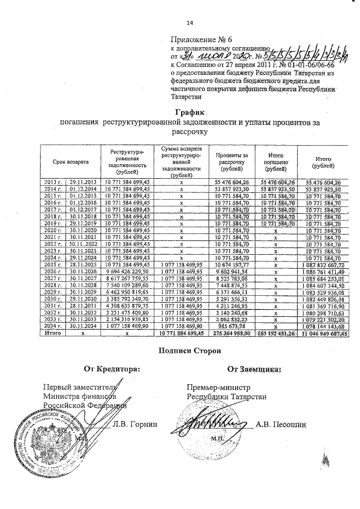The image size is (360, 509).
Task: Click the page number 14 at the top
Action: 189,22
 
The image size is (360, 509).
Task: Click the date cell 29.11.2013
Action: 83,183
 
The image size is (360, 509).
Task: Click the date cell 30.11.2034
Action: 83,327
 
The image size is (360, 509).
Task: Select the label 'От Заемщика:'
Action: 254,370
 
